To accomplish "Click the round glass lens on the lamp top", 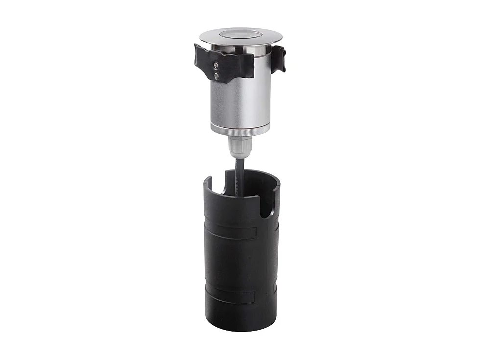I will (x=240, y=35).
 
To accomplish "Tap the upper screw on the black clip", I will (x=216, y=65).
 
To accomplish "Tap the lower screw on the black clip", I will (x=216, y=75).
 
